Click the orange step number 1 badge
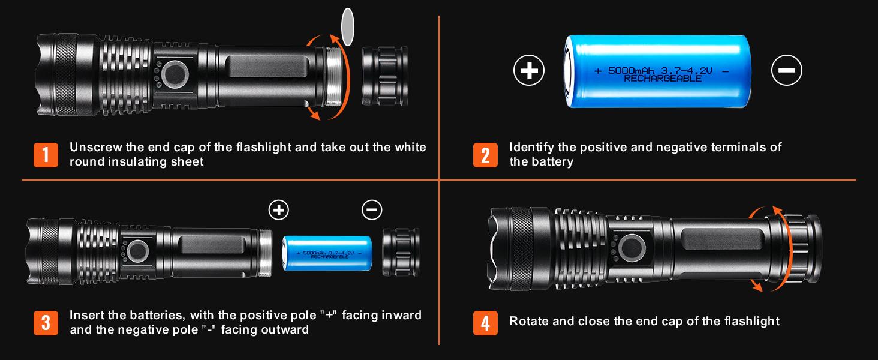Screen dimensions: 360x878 [x=46, y=155]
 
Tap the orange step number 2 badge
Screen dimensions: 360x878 [x=485, y=155]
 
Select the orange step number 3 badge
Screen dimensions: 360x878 [x=46, y=322]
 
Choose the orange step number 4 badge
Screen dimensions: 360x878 [x=485, y=322]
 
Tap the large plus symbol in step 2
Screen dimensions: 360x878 [x=528, y=71]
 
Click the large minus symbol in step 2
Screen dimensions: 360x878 [x=786, y=71]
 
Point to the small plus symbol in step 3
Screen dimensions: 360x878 [x=278, y=209]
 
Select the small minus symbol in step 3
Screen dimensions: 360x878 [x=372, y=209]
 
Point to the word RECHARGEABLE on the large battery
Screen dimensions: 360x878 [x=662, y=79]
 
